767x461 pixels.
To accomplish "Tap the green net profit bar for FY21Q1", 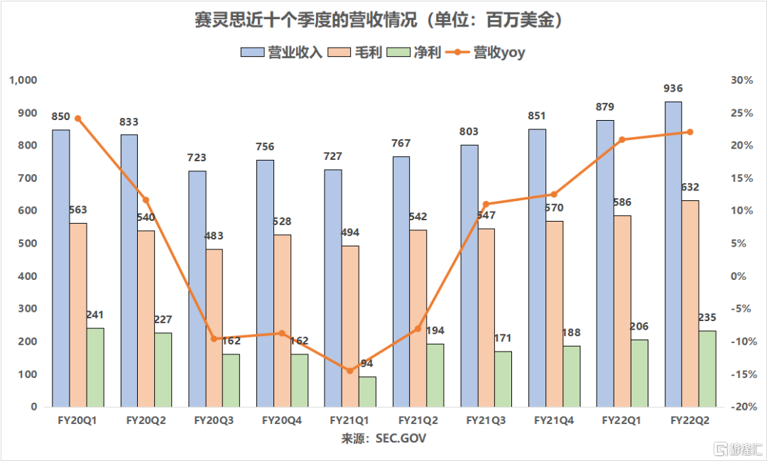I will click(x=367, y=391).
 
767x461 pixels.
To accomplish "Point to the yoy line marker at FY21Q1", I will click(x=350, y=371).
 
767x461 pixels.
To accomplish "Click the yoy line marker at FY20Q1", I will click(x=78, y=119).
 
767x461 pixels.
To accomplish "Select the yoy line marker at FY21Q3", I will click(x=486, y=205).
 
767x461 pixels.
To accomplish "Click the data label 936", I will click(x=673, y=89).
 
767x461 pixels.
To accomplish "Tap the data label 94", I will click(x=367, y=364).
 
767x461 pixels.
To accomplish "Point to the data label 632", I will click(x=690, y=188).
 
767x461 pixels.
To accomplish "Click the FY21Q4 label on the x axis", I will click(x=555, y=421).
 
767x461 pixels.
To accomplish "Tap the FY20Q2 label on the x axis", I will click(x=146, y=421).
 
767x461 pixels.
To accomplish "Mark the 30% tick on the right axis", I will click(x=741, y=80).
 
